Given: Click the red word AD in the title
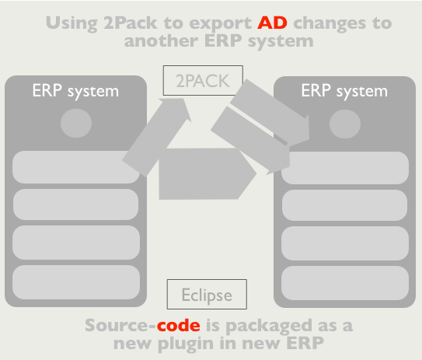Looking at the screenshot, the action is [272, 23].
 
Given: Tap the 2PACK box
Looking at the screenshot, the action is [203, 80].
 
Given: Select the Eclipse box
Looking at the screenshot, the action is [207, 294].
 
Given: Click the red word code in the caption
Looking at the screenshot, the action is [179, 325].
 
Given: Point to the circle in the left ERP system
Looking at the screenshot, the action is [76, 124].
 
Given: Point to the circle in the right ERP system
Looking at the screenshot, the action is [345, 124].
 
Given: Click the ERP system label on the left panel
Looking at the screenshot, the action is [75, 91].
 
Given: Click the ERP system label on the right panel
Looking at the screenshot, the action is [344, 91].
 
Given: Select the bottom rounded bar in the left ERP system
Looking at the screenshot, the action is [76, 282].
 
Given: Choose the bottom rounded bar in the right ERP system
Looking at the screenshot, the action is [345, 283].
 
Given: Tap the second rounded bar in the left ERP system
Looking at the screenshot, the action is [76, 204].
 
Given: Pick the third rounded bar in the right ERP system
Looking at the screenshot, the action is [345, 243].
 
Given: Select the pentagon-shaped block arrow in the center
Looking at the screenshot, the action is [208, 174].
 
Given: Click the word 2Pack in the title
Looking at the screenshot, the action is [131, 23].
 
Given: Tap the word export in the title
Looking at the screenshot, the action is [221, 23].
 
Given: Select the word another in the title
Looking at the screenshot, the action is [161, 41].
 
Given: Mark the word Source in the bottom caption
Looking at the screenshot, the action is [117, 325].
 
